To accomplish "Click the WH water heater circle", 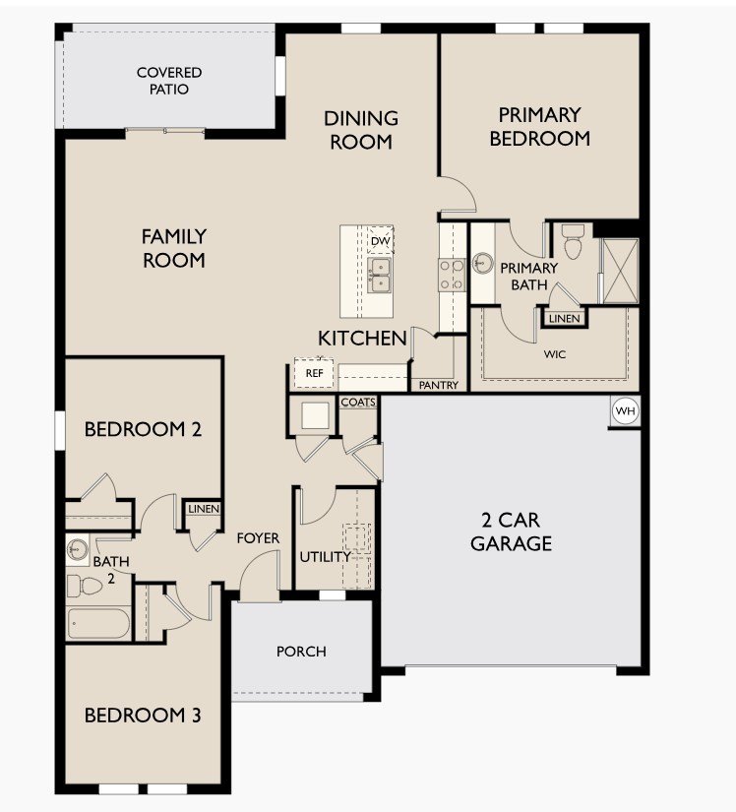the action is (625, 411).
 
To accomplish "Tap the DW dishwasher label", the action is (381, 241).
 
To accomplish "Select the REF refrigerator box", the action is (314, 373).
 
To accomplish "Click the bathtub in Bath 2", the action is (98, 623).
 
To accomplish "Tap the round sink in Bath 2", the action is (79, 548).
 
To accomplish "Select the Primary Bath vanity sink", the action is (482, 263).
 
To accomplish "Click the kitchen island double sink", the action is (380, 275).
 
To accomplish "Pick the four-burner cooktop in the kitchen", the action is (452, 275).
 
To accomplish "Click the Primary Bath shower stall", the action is (620, 271).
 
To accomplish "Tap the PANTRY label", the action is (439, 385).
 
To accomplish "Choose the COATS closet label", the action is (358, 402).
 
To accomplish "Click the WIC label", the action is (554, 354).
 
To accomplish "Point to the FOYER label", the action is (258, 538).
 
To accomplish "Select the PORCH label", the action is (301, 652).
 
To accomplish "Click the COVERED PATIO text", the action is (169, 81).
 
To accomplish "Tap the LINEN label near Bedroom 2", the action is (204, 509).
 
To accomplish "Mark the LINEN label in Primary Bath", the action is (564, 319).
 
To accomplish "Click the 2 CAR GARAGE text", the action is (511, 531).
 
